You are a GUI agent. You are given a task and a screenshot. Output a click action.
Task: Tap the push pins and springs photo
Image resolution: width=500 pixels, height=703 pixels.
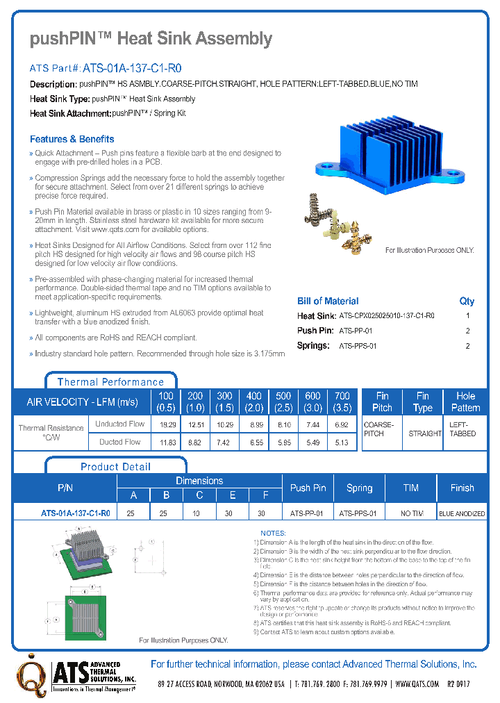coord(337,222)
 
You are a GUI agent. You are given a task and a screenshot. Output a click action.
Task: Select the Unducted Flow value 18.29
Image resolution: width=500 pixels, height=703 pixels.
coord(167,424)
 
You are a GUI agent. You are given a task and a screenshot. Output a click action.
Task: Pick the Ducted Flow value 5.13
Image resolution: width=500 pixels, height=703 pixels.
coord(342,442)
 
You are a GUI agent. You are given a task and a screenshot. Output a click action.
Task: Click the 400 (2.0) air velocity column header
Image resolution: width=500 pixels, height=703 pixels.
coord(254,402)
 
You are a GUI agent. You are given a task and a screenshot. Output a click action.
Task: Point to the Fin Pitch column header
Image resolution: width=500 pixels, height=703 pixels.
coord(382,402)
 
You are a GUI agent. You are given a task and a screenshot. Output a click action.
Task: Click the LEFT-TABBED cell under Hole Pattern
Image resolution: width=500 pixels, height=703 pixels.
coord(463,429)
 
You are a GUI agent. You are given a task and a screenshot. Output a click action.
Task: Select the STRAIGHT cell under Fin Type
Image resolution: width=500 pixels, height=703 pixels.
coord(424,433)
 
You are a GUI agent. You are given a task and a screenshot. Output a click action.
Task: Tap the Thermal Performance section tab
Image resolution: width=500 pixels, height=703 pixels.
coord(110,382)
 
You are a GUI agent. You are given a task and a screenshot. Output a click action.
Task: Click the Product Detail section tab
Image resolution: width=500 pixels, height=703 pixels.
coord(115,467)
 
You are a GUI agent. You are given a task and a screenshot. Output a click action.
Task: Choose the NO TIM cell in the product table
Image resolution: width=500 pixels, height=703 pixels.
coord(411,513)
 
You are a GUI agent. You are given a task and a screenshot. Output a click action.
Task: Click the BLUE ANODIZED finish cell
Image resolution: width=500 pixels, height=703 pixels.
coord(462,513)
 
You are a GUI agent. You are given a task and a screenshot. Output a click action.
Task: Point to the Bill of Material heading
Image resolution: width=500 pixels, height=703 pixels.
coord(328,301)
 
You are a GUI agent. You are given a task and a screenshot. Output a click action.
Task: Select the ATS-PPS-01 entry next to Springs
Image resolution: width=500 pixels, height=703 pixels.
coord(358,346)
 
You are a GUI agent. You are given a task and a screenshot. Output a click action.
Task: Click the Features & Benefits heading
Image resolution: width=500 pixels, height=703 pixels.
coord(72,139)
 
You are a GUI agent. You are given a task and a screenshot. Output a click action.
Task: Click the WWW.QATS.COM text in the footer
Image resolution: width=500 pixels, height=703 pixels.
coord(417,684)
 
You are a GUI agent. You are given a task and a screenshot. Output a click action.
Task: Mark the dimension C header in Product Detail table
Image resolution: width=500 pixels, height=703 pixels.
coord(199,495)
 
